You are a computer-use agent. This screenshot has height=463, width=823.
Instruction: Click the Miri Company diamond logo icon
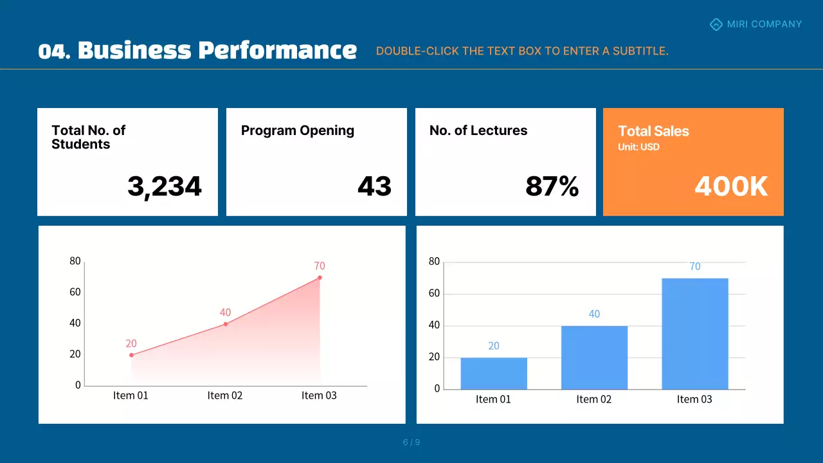[x=716, y=24]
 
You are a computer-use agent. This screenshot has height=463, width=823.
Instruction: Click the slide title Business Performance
[x=197, y=50]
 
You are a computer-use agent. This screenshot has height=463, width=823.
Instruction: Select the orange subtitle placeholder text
[x=522, y=51]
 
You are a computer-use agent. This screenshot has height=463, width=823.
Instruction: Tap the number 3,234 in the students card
[x=165, y=186]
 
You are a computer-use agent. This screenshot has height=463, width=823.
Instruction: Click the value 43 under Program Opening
[x=374, y=186]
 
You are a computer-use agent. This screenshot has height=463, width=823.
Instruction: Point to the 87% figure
[x=552, y=186]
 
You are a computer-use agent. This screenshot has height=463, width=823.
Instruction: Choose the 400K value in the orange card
[x=731, y=186]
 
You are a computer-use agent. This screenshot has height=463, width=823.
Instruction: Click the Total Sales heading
[x=653, y=131]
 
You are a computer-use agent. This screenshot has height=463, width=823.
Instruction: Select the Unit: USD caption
[x=638, y=147]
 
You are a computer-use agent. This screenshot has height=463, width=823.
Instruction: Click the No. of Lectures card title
[x=478, y=131]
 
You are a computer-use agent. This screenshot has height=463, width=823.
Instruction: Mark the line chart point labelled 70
[x=320, y=278]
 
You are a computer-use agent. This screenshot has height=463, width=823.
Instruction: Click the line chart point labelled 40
[x=225, y=324]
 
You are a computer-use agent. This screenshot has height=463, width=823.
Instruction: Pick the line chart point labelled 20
[x=131, y=355]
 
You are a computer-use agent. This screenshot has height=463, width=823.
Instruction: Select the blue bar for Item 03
[x=694, y=334]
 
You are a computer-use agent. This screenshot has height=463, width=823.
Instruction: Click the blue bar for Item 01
[x=494, y=374]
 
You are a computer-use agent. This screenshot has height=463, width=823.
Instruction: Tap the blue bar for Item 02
[x=594, y=358]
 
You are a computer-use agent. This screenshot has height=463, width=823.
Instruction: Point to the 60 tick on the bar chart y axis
[x=434, y=294]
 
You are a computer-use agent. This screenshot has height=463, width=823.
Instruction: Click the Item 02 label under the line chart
[x=225, y=395]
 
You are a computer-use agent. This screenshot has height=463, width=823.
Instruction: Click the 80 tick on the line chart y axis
[x=75, y=261]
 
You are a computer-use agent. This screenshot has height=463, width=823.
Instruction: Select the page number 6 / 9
[x=411, y=442]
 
